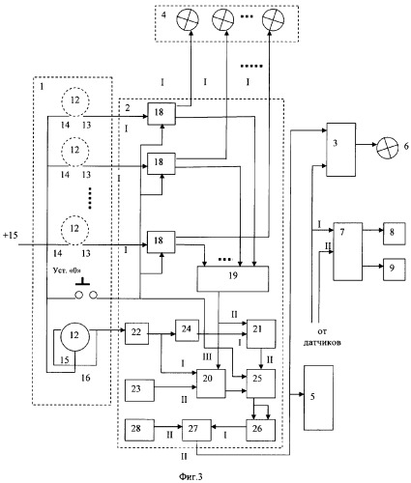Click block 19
pyautogui.click(x=233, y=279)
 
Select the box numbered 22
pyautogui.click(x=136, y=333)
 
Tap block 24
pyautogui.click(x=187, y=330)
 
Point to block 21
pyautogui.click(x=261, y=334)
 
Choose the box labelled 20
pyautogui.click(x=211, y=384)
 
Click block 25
pyautogui.click(x=261, y=384)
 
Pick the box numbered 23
pyautogui.click(x=139, y=390)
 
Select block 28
pyautogui.click(x=139, y=430)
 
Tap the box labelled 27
pyautogui.click(x=196, y=430)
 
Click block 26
pyautogui.click(x=261, y=430)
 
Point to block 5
pyautogui.click(x=318, y=398)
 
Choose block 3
pyautogui.click(x=341, y=150)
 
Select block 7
pyautogui.click(x=348, y=251)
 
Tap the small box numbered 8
pyautogui.click(x=394, y=234)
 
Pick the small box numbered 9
pyautogui.click(x=394, y=270)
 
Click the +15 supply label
pyautogui.click(x=11, y=236)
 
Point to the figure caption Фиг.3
pyautogui.click(x=191, y=476)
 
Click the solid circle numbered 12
pyautogui.click(x=74, y=337)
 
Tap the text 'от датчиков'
pyautogui.click(x=322, y=337)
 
